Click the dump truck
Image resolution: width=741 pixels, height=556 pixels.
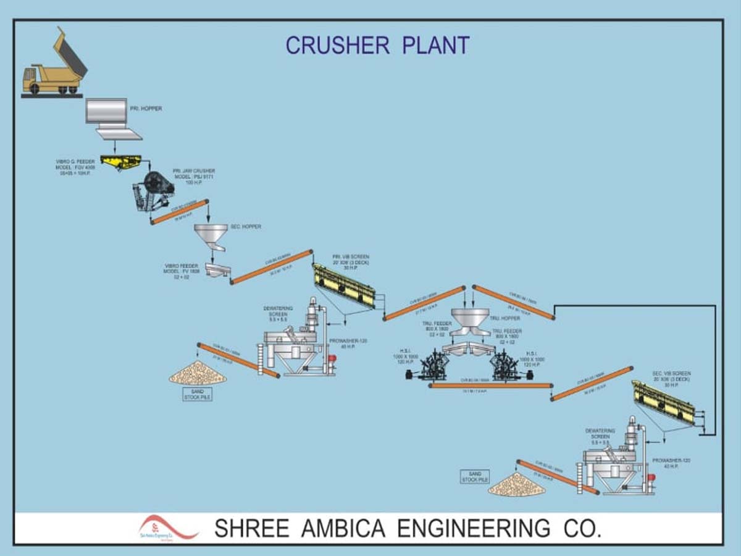(x=54, y=68)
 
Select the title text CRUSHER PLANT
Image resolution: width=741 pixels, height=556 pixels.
(x=377, y=45)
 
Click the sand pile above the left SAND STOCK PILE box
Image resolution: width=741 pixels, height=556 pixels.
(x=198, y=373)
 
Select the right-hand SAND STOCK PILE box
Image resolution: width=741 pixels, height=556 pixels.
(x=475, y=477)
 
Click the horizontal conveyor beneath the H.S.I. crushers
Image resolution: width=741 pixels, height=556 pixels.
(x=491, y=385)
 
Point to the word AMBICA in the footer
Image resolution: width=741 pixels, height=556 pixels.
(x=347, y=529)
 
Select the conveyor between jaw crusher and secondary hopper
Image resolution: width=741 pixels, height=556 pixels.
(x=180, y=212)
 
